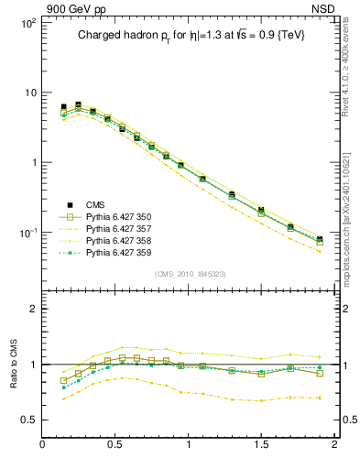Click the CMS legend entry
pos(98,205)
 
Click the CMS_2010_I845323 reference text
pos(190,274)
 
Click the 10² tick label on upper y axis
pos(27,22)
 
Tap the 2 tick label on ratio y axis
pos(32,310)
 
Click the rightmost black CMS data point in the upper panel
pos(320,239)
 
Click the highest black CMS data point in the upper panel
pos(78,105)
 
